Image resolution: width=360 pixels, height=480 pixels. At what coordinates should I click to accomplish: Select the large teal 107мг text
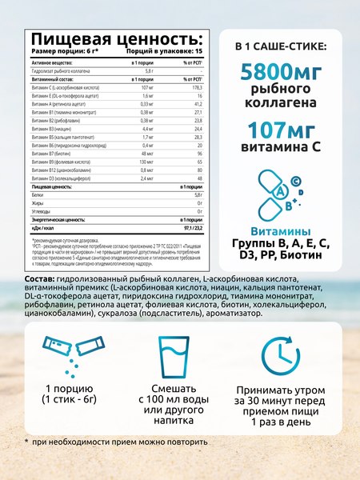268,129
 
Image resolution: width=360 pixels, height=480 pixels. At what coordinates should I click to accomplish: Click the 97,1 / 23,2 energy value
187,226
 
